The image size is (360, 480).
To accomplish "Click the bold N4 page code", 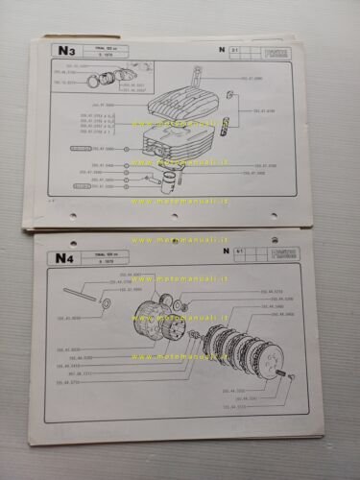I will [65, 255].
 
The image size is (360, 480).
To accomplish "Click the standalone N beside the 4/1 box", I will [227, 250].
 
